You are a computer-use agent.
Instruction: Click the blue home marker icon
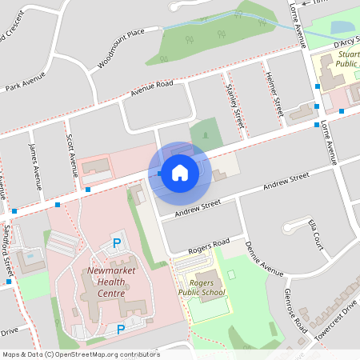[x=180, y=172]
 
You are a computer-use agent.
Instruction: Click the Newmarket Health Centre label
[x=106, y=282]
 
